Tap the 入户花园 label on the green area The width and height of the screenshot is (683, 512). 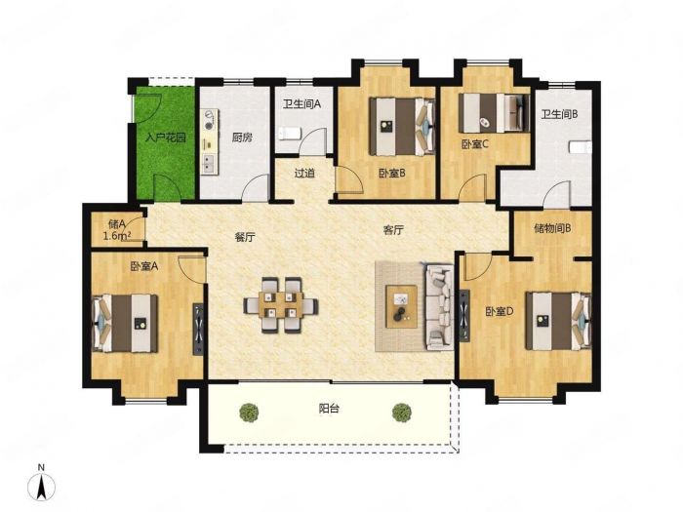coord(166,138)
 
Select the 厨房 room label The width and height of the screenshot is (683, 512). coord(242,138)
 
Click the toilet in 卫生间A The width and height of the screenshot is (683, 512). coord(289,134)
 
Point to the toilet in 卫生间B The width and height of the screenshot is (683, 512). coord(581,146)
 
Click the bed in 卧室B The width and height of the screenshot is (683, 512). coord(402,126)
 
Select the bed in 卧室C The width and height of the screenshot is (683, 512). coord(494,113)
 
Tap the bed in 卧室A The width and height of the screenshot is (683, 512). coord(126,323)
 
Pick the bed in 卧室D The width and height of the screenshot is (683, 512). coord(558,321)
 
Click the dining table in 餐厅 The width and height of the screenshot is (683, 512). coord(281,304)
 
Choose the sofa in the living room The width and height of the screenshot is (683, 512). coord(439,306)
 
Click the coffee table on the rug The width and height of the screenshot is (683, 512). coord(402,306)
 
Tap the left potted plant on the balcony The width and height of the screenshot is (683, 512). coord(249,412)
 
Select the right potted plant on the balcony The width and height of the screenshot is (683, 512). coord(401,412)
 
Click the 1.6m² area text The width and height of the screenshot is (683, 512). coord(118,236)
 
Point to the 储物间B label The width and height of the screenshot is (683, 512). coord(552,228)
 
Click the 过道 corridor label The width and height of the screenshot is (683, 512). coord(304,174)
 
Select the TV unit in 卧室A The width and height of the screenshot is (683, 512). coord(198,329)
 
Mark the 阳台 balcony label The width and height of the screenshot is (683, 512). coord(329,409)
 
